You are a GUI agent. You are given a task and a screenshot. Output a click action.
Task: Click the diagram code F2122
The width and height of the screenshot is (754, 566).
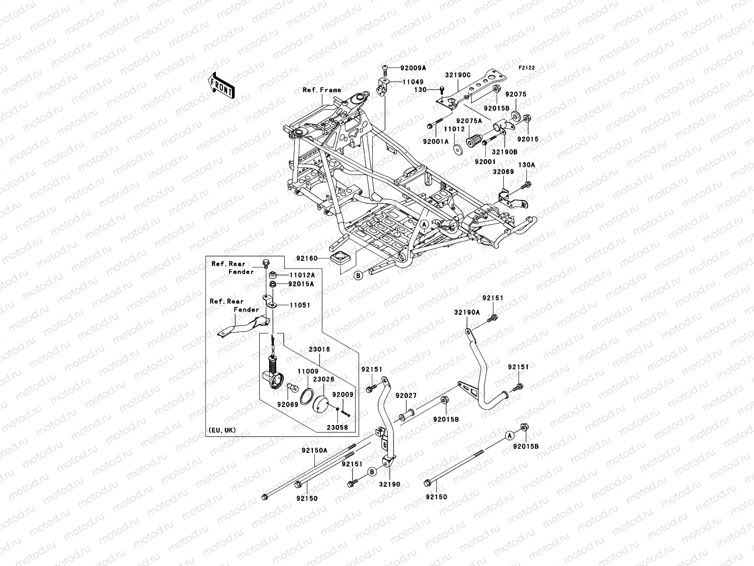coord(527,68)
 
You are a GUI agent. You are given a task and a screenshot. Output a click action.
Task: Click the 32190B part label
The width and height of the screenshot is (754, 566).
coord(505,152)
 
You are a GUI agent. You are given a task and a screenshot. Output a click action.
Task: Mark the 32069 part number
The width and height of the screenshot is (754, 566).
coord(503,172)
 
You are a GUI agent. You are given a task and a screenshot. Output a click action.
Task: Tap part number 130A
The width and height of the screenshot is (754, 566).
coord(527,165)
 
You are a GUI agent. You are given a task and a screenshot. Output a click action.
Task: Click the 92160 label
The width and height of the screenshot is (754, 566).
coord(306,258)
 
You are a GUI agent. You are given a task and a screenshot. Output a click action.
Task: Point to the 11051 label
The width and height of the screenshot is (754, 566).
coord(300,305)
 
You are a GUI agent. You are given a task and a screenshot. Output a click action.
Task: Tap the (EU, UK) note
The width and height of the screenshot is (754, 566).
coord(221,430)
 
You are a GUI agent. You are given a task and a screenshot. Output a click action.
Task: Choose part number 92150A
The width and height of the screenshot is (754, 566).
coord(314,450)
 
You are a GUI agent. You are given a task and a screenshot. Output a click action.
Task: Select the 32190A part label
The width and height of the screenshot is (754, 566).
coord(467,312)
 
